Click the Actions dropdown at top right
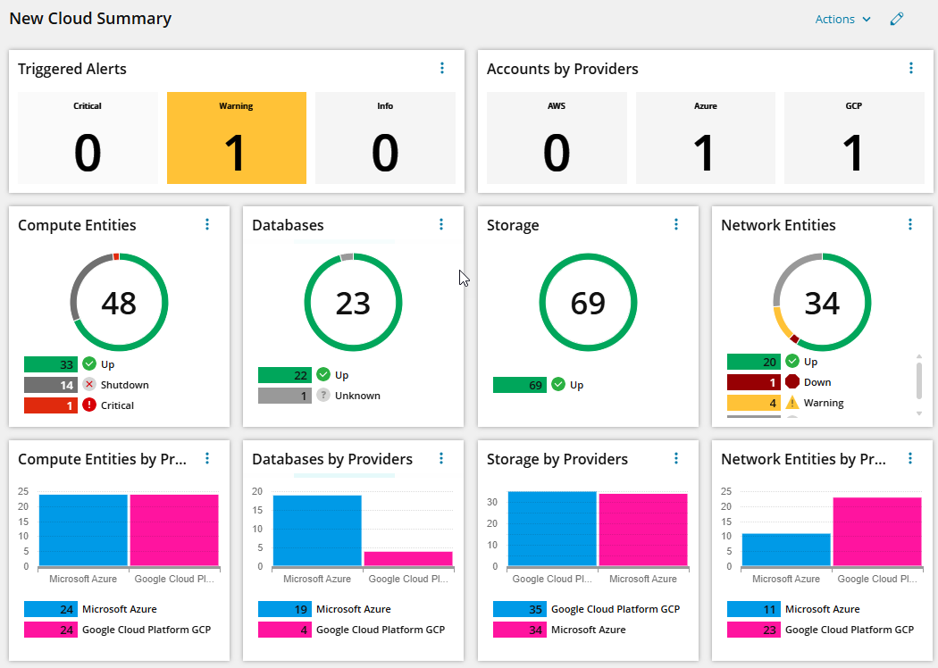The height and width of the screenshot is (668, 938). pos(842,20)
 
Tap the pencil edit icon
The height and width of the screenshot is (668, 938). pos(897,20)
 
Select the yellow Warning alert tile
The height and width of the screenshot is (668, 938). pos(236,138)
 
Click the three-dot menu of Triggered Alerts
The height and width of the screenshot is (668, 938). pos(442,68)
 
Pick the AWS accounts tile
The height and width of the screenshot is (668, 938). pos(556,138)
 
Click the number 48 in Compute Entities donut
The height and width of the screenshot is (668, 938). pos(119,304)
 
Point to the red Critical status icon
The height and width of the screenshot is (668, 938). pos(88,405)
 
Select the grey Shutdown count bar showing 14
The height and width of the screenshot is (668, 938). pos(51,385)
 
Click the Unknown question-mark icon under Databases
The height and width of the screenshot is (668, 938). pos(323,396)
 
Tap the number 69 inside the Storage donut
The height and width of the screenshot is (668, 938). pos(588,304)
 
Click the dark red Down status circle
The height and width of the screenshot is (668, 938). pos(791,382)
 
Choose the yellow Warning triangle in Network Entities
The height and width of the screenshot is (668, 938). pos(791,403)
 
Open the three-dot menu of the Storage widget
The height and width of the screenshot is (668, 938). pos(676,224)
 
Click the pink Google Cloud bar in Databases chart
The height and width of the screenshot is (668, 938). pos(408,558)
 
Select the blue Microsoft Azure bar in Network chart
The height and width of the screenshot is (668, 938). pos(786,549)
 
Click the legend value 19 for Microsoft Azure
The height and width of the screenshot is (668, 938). pos(284,609)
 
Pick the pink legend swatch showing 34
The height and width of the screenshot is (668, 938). pos(520,630)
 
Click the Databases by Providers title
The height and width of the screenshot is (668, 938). pos(332,459)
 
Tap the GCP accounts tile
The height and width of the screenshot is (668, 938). pos(853,138)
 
